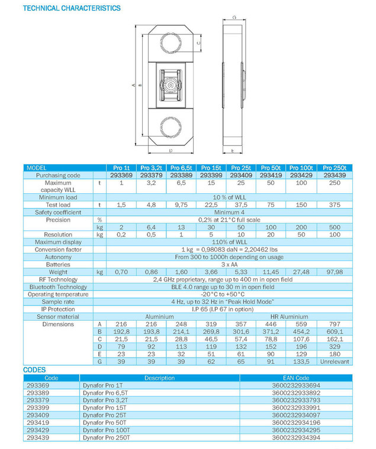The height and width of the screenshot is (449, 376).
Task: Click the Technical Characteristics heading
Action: pos(72,8)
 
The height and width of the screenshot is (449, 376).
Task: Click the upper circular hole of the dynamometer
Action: pos(171,43)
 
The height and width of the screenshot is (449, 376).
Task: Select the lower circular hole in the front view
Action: pos(171,127)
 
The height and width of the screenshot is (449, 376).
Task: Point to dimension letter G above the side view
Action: pos(234,18)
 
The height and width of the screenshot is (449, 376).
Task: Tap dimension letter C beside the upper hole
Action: pos(198,43)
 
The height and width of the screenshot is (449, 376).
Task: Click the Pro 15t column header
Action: pos(211,168)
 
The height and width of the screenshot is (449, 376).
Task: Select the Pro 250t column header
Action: pos(335,168)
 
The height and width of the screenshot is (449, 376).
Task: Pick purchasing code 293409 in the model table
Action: pos(241,175)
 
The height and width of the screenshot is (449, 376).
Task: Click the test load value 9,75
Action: pos(181,205)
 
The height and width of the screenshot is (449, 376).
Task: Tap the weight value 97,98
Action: pos(335,272)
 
